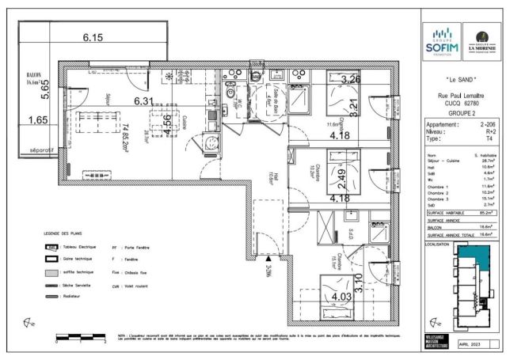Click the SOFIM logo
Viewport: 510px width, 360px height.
click(x=441, y=40)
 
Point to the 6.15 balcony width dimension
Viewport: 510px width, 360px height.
click(x=93, y=37)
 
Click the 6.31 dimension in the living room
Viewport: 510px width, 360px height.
click(x=143, y=100)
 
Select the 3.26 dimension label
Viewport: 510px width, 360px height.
click(x=351, y=79)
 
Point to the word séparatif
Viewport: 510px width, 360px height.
click(x=40, y=149)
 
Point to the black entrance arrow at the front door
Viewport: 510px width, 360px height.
click(x=269, y=257)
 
